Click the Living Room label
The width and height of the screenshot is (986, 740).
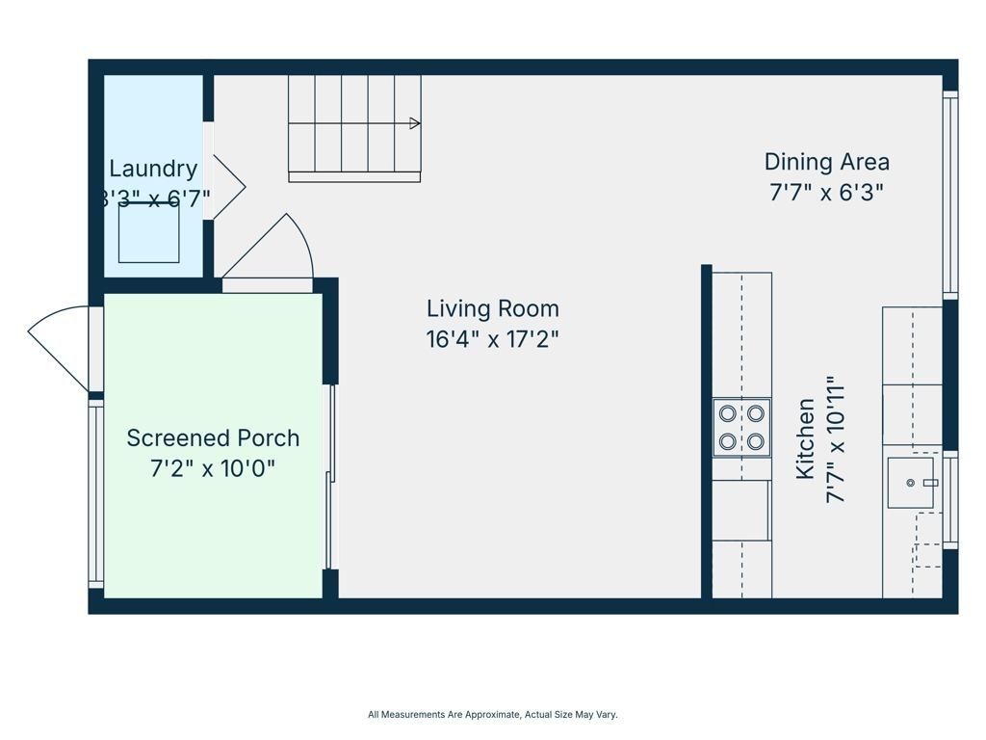492,309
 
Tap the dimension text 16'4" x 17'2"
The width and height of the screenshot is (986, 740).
492,339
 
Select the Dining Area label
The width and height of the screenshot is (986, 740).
826,162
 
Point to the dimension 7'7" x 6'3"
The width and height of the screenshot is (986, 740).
826,192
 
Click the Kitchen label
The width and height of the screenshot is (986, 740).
806,439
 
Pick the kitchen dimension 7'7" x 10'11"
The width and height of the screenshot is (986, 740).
835,439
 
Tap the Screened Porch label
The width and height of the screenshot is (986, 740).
213,438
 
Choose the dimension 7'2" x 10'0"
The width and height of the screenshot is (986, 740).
213,469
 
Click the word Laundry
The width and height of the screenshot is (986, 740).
153,169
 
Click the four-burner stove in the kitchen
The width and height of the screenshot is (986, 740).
741,427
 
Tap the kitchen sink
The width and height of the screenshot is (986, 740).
910,483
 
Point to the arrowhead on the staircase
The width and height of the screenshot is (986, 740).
415,123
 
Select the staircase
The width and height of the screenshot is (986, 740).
354,127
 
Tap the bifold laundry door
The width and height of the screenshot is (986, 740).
227,186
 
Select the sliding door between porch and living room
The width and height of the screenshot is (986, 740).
330,477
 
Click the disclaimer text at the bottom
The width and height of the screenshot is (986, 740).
492,715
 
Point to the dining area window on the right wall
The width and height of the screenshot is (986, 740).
950,193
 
